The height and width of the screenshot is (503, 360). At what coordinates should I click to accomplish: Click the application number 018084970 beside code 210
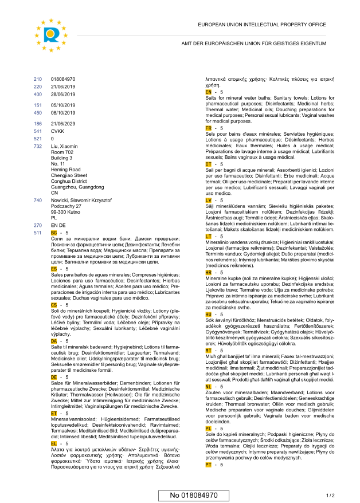(x=63, y=79)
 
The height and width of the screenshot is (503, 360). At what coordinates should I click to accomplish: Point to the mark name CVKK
(x=58, y=131)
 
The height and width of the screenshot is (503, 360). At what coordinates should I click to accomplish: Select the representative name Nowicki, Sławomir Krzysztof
(x=81, y=201)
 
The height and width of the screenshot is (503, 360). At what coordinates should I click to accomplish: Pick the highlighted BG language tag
(x=54, y=233)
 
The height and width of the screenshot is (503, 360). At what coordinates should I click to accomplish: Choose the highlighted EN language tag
(x=208, y=92)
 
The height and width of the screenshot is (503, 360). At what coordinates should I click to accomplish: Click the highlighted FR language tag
(x=208, y=128)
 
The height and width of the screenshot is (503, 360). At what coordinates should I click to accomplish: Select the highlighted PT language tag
(x=208, y=465)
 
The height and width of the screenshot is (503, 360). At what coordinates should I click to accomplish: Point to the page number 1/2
(x=330, y=495)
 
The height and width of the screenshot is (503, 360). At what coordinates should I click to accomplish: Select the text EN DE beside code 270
(x=58, y=226)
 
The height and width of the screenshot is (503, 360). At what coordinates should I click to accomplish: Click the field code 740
(x=38, y=201)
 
